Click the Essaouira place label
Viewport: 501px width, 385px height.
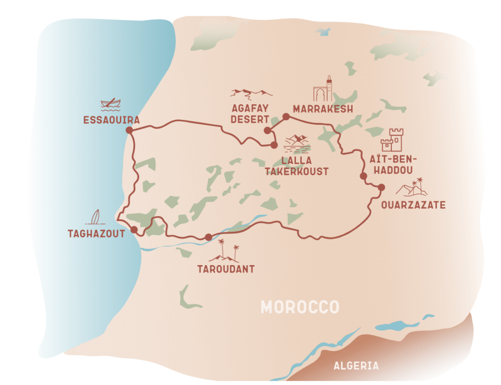click(x=112, y=120)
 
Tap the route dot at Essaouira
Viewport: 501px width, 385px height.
click(x=129, y=130)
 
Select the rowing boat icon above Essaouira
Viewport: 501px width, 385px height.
click(x=111, y=104)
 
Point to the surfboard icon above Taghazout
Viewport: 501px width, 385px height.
click(x=95, y=217)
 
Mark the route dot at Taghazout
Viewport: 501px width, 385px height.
click(x=134, y=229)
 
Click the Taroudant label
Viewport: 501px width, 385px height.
click(x=226, y=269)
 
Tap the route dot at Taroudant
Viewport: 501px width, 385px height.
click(x=209, y=237)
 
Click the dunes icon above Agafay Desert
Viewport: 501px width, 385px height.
click(x=251, y=93)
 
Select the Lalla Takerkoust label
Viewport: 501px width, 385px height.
click(x=296, y=166)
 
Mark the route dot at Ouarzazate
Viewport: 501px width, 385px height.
click(x=381, y=187)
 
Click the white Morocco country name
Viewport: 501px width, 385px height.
click(x=299, y=307)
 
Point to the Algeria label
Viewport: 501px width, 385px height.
click(x=356, y=365)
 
